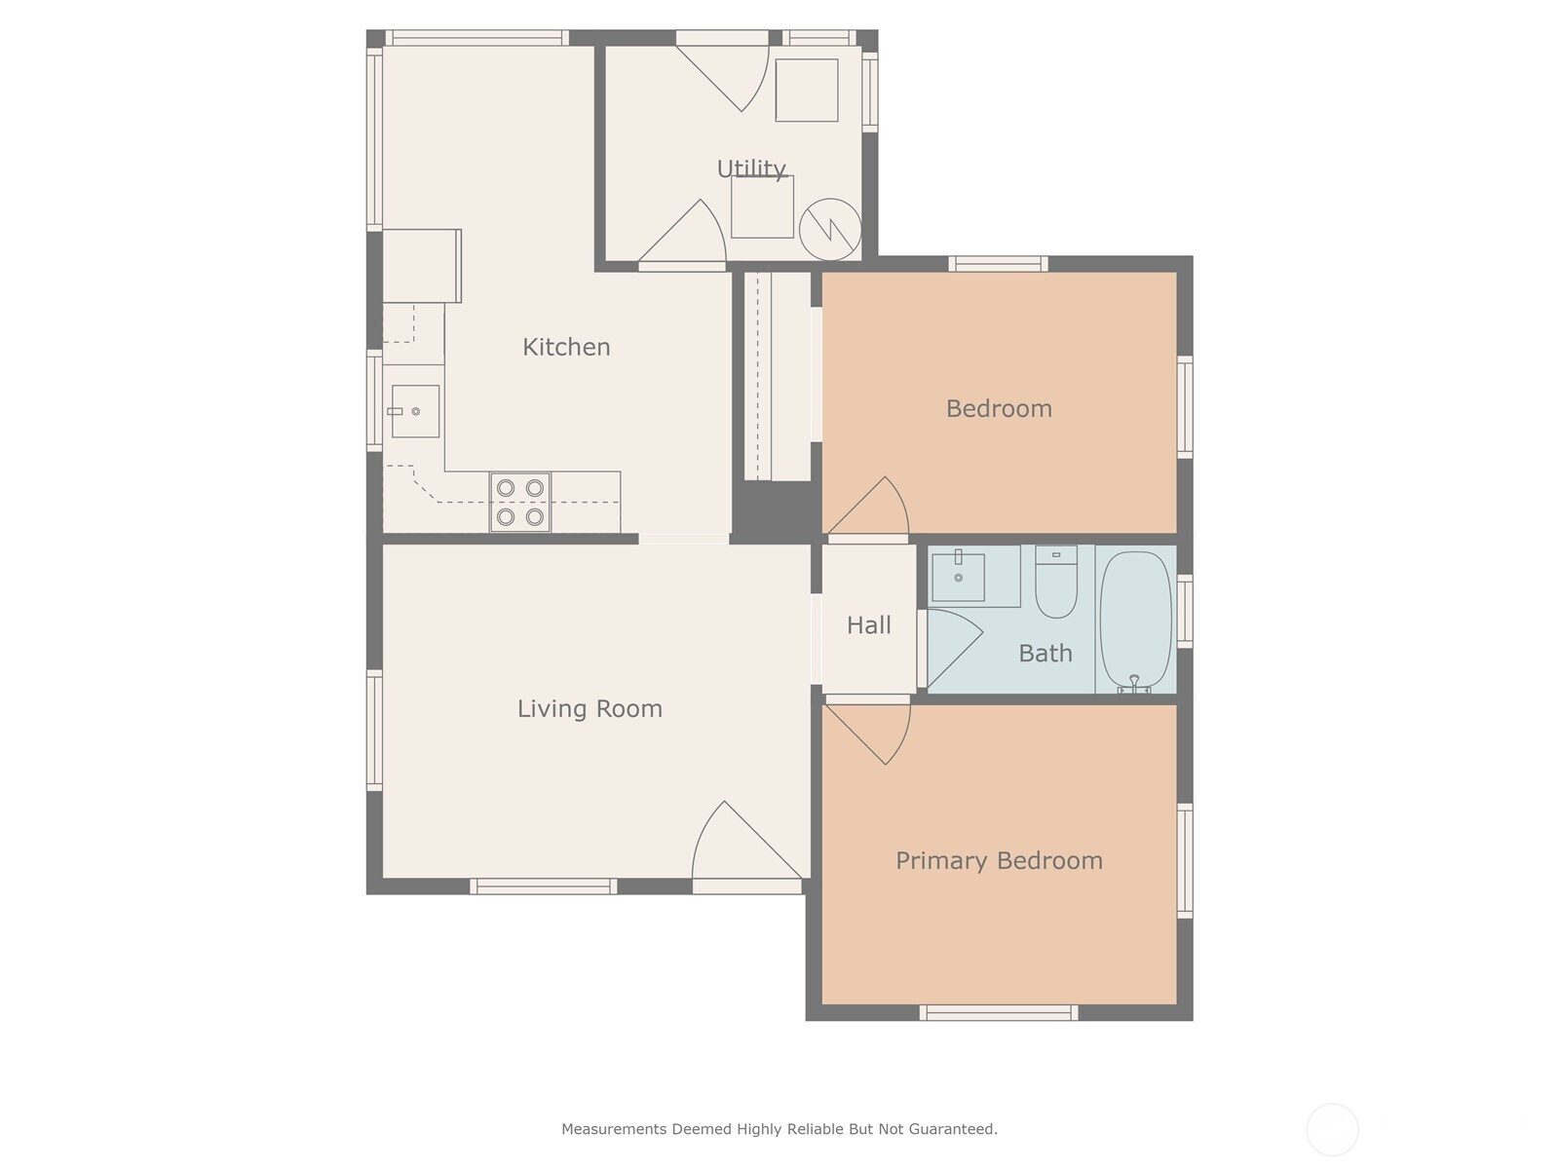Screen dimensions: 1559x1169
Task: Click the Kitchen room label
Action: pyautogui.click(x=566, y=347)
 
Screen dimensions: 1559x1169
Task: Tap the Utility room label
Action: pyautogui.click(x=750, y=169)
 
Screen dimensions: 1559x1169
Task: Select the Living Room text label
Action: pyautogui.click(x=589, y=708)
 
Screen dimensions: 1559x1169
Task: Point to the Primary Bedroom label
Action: pyautogui.click(x=999, y=861)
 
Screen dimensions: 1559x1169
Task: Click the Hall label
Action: pyautogui.click(x=868, y=625)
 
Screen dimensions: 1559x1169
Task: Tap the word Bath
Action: pyautogui.click(x=1045, y=653)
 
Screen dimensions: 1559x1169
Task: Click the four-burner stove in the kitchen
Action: pyautogui.click(x=520, y=502)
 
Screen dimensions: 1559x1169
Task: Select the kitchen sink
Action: pyautogui.click(x=415, y=411)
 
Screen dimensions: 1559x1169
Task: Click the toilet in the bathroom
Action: pyautogui.click(x=1056, y=582)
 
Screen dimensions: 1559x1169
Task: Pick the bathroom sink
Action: pyautogui.click(x=958, y=577)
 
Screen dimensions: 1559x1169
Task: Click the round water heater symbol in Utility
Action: pyautogui.click(x=829, y=229)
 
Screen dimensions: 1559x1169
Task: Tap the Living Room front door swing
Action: pyautogui.click(x=745, y=846)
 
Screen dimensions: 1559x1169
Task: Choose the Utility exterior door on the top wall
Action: pyautogui.click(x=722, y=71)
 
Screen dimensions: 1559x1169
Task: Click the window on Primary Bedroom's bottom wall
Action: pyautogui.click(x=999, y=1013)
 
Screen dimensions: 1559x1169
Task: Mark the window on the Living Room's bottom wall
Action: pyautogui.click(x=544, y=886)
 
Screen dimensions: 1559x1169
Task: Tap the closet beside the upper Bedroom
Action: pyautogui.click(x=777, y=376)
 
